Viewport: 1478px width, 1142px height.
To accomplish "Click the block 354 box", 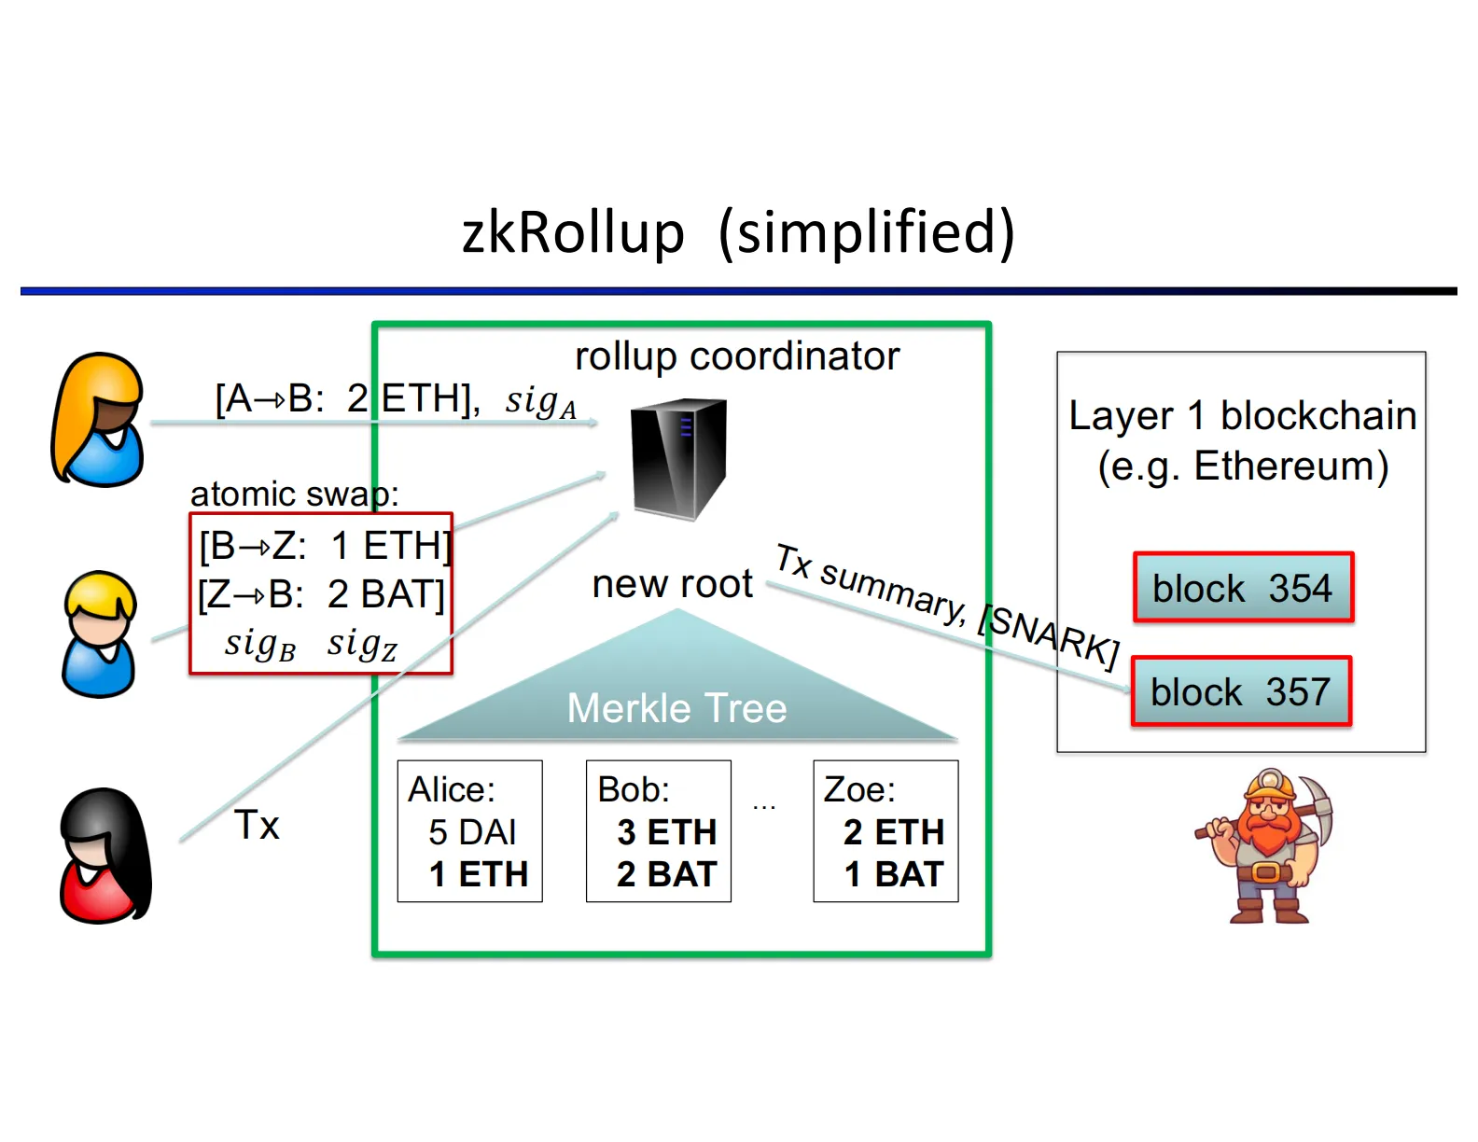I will (1243, 588).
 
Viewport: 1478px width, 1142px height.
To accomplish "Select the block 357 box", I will (1241, 691).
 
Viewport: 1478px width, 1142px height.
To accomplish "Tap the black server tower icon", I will (678, 458).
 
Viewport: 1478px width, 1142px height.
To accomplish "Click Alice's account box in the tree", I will (469, 831).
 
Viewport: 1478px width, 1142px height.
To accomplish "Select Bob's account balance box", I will (658, 831).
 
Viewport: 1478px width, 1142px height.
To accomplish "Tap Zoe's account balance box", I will (885, 831).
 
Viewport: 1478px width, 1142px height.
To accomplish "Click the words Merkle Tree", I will (676, 708).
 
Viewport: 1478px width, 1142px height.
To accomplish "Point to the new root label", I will (672, 584).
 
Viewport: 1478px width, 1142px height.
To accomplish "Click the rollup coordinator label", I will (737, 356).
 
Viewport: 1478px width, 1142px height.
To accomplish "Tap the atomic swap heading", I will (294, 494).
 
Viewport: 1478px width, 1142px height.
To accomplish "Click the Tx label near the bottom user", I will (257, 825).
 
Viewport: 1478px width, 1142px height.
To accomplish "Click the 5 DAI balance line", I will (472, 832).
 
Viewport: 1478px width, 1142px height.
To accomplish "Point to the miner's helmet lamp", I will (1270, 778).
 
